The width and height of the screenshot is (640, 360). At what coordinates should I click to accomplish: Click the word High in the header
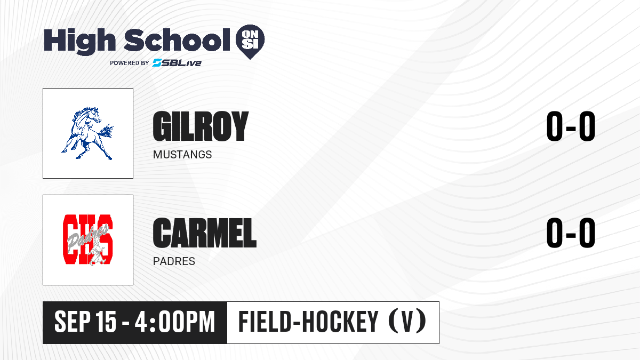click(x=80, y=41)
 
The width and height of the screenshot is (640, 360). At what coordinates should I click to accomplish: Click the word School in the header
click(x=177, y=39)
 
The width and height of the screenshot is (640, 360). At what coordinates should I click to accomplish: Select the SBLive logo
click(x=177, y=63)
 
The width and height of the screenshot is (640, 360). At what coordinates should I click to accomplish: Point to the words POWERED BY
click(x=130, y=63)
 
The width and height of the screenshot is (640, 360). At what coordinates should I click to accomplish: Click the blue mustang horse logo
click(x=87, y=133)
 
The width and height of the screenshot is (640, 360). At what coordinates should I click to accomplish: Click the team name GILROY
click(x=201, y=126)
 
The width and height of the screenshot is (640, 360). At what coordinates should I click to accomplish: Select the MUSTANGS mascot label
click(x=182, y=155)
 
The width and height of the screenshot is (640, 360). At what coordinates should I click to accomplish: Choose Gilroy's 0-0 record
click(x=571, y=126)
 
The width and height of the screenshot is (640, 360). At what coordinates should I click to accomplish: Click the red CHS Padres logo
click(x=87, y=240)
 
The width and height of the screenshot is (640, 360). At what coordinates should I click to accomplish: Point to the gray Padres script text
click(x=87, y=238)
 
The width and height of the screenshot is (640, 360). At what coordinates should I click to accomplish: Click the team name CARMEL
click(x=205, y=233)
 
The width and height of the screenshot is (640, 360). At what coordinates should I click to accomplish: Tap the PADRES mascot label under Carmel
click(x=174, y=261)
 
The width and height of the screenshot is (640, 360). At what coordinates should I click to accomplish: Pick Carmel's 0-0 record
click(x=571, y=233)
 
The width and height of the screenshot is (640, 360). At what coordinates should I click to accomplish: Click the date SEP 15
click(x=85, y=322)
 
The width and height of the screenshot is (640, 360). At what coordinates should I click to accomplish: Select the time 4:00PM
click(x=174, y=322)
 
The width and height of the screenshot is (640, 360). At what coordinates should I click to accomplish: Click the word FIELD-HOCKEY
click(x=308, y=322)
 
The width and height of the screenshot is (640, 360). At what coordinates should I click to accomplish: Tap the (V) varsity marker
click(x=407, y=322)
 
